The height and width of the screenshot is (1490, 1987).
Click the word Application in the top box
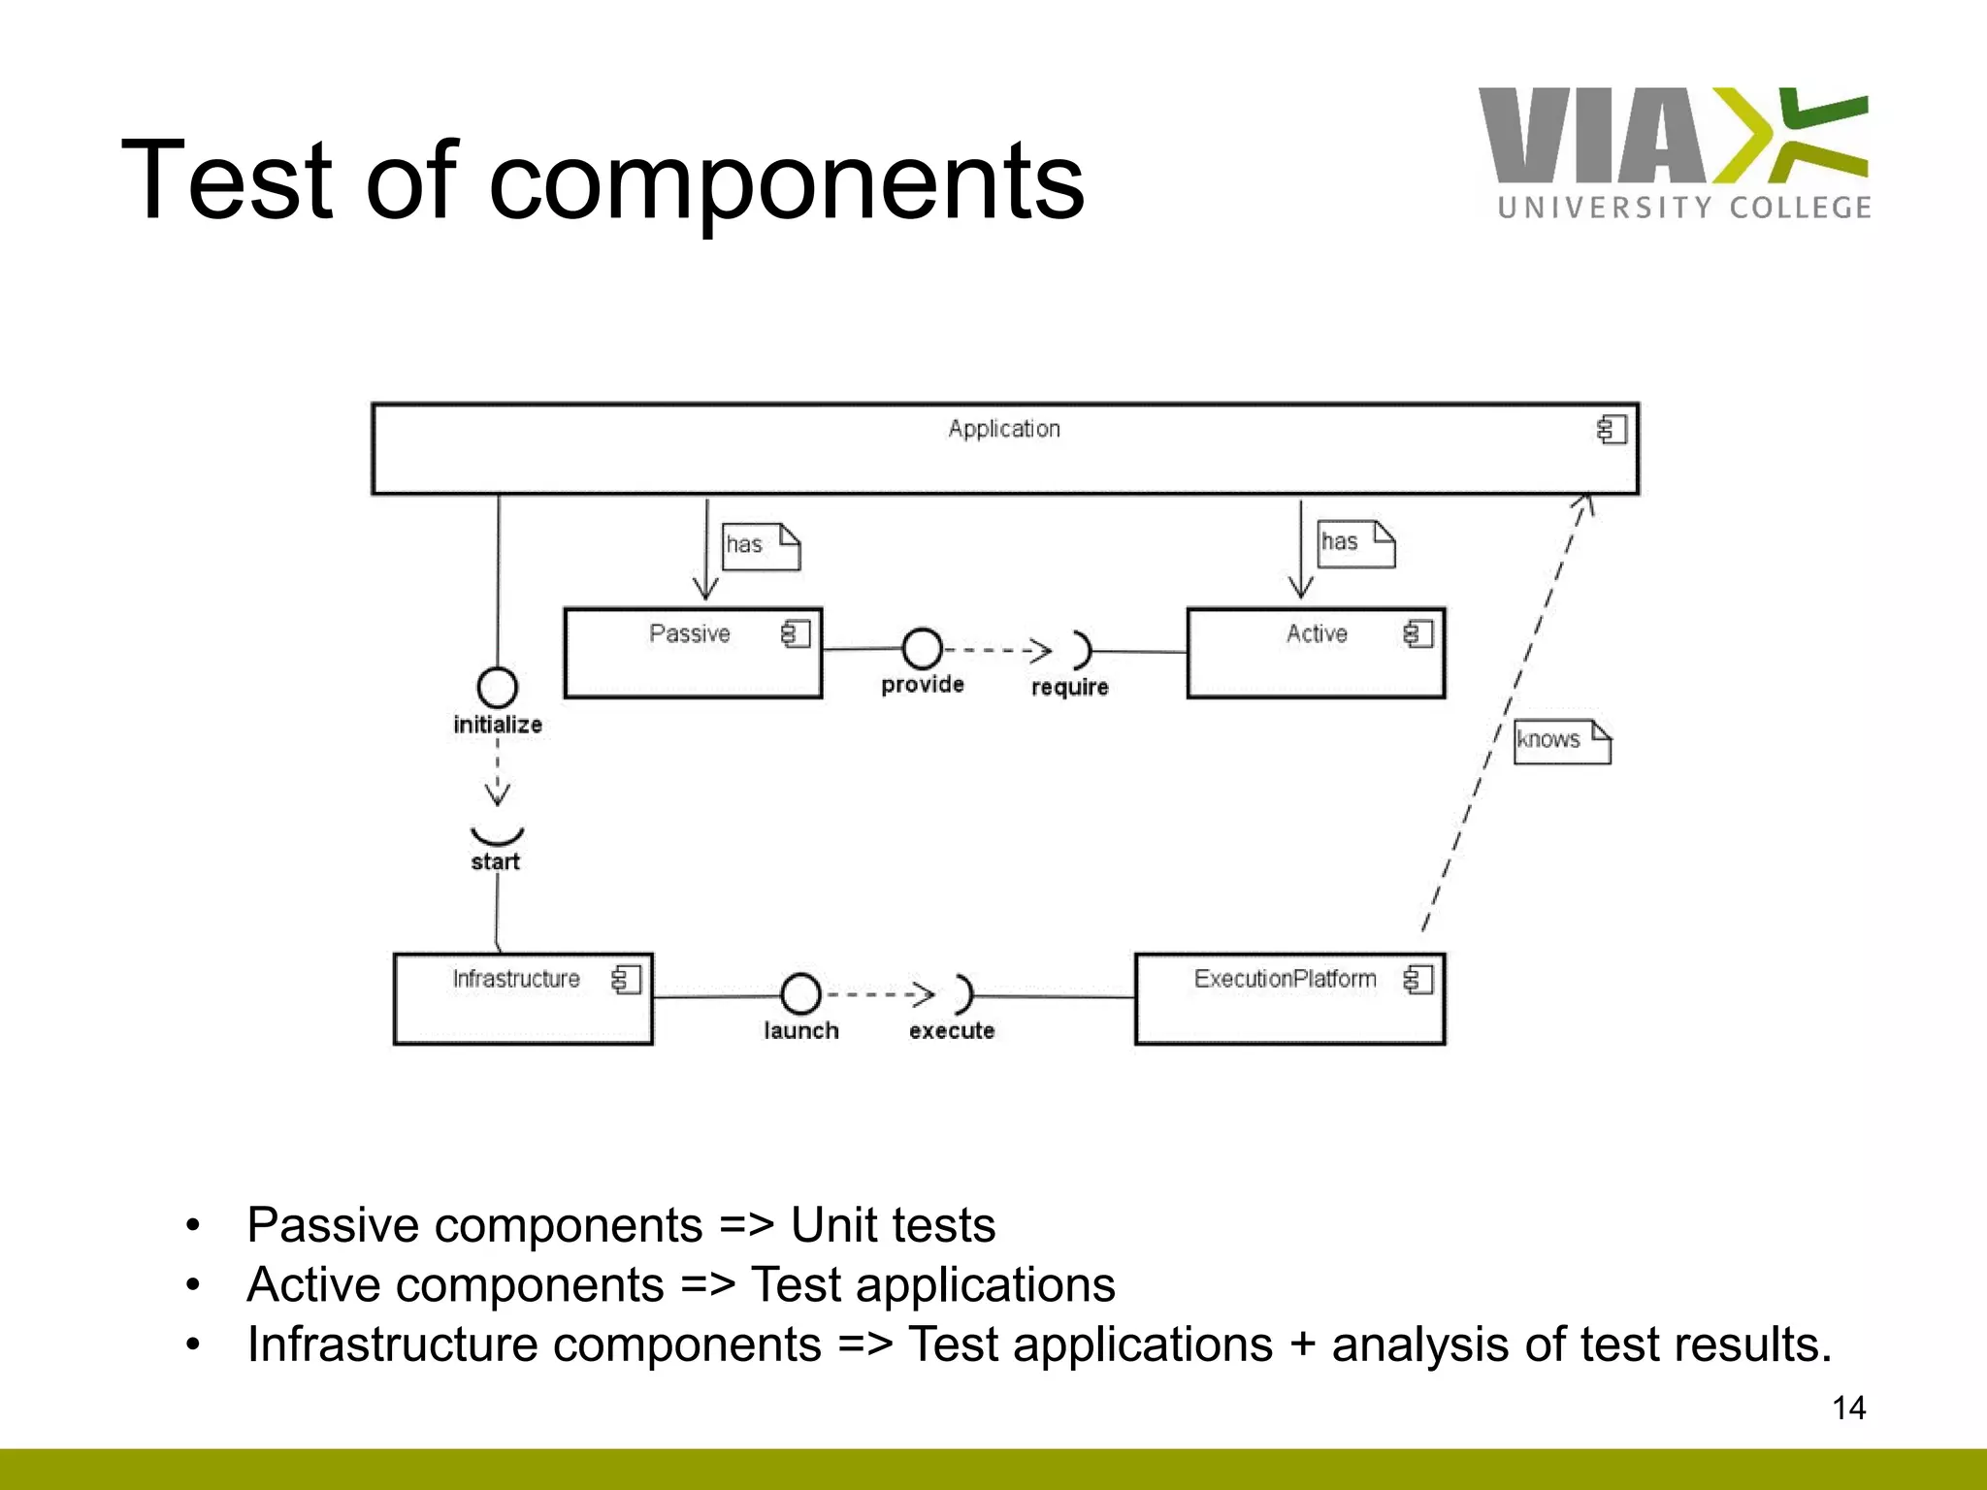pyautogui.click(x=1004, y=429)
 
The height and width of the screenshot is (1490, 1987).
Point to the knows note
pyautogui.click(x=1562, y=741)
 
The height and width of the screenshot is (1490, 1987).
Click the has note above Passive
pyautogui.click(x=762, y=546)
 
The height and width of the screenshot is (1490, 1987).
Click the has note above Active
pyautogui.click(x=1356, y=543)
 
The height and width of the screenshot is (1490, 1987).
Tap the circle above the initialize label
pyautogui.click(x=498, y=688)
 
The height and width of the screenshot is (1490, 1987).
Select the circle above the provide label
pyautogui.click(x=922, y=648)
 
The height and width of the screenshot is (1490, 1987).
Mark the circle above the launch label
pyautogui.click(x=800, y=993)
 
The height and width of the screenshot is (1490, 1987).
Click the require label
pyautogui.click(x=1069, y=688)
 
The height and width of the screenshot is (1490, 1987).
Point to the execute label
pyautogui.click(x=952, y=1031)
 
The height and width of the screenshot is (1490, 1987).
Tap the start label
pyautogui.click(x=496, y=862)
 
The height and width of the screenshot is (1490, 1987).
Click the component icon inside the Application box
pyautogui.click(x=1612, y=430)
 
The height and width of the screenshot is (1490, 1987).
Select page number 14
pyautogui.click(x=1848, y=1408)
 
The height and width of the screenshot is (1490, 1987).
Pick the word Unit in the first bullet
pyautogui.click(x=831, y=1225)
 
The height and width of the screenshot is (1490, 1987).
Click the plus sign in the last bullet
pyautogui.click(x=1303, y=1345)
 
